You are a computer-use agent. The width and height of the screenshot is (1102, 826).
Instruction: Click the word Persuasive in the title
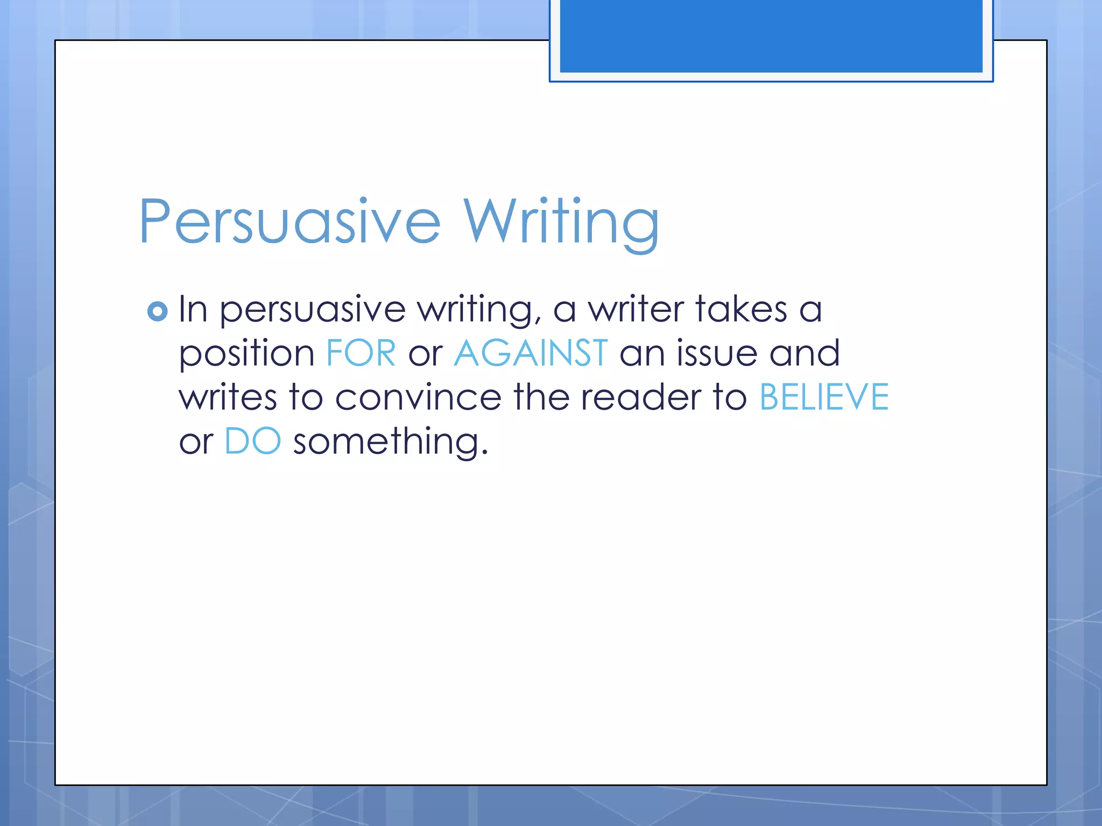point(289,222)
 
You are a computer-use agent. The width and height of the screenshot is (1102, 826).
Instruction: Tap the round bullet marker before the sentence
point(157,311)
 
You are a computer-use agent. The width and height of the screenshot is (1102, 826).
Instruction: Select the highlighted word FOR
point(361,353)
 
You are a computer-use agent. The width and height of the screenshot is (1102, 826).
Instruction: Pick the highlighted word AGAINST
point(531,353)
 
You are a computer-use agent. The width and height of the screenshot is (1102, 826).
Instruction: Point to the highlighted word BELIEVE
point(824,397)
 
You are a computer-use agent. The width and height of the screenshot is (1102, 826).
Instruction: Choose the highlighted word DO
point(252,441)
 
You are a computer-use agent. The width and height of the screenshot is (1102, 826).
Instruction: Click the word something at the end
point(390,442)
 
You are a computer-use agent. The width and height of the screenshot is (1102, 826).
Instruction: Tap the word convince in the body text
point(418,397)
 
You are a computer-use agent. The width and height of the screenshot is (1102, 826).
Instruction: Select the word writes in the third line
point(228,397)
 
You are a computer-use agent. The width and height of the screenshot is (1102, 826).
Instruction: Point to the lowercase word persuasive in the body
point(313,311)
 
